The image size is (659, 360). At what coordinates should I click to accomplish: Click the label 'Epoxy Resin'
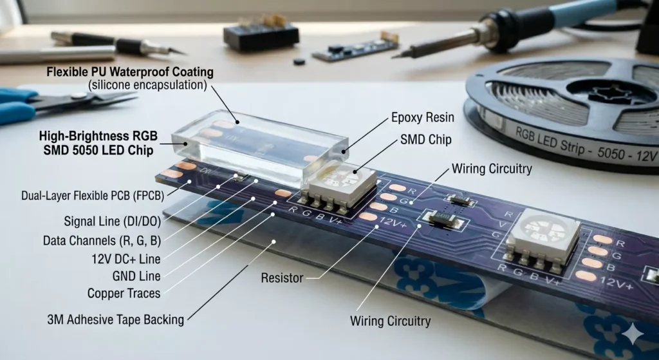(x=423, y=118)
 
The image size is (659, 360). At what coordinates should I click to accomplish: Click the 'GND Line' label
(x=137, y=276)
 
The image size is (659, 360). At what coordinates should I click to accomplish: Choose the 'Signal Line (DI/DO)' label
(x=112, y=222)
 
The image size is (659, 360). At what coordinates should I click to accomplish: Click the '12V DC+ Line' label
(x=125, y=259)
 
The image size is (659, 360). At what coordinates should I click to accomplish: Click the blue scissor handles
(x=19, y=106)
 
